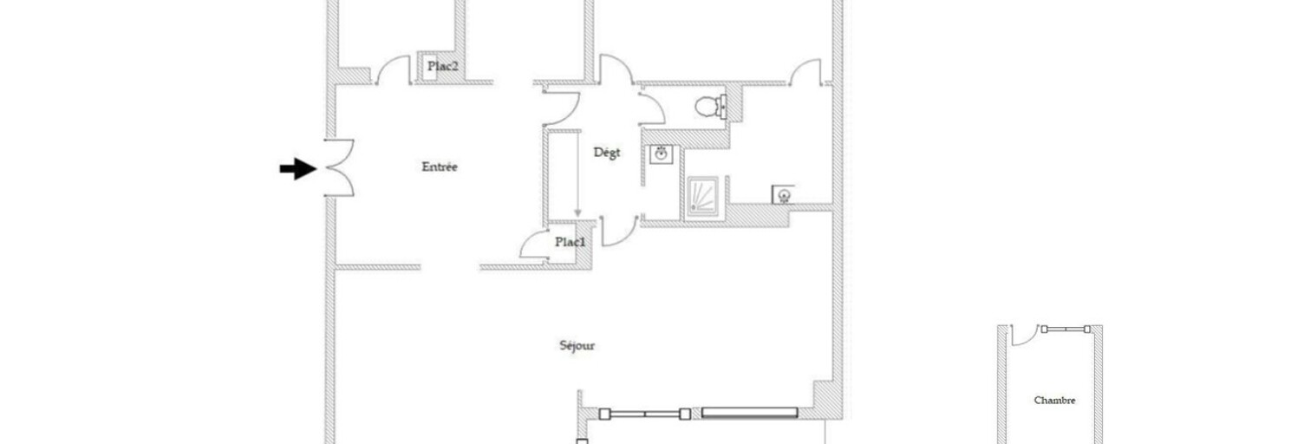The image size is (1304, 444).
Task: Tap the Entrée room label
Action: (x=440, y=167)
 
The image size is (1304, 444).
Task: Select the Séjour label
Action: (x=577, y=346)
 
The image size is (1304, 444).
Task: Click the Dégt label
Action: (x=607, y=153)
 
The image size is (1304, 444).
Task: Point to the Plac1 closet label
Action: (x=570, y=242)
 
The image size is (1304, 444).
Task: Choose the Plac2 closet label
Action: (x=442, y=66)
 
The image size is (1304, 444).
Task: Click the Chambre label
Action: (x=1054, y=401)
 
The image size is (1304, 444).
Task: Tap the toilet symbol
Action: (x=711, y=107)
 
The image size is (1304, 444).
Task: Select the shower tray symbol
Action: (x=702, y=197)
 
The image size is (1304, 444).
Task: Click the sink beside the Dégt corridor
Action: (x=662, y=154)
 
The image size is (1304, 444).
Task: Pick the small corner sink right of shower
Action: (x=783, y=195)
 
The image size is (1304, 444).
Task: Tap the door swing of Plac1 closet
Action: (x=534, y=245)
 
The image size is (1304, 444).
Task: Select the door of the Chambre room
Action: (x=1024, y=336)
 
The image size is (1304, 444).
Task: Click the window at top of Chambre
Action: (x=1066, y=330)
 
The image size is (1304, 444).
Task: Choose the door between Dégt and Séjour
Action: (x=619, y=231)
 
